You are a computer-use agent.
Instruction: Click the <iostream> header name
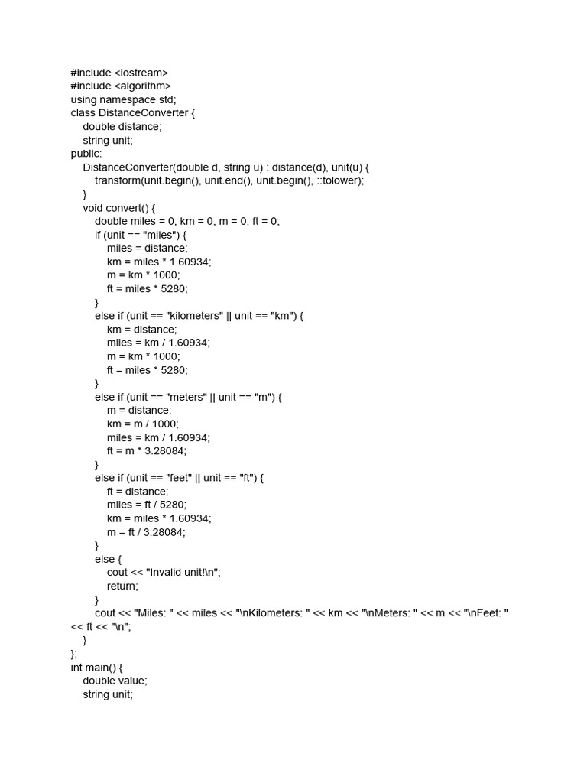(141, 73)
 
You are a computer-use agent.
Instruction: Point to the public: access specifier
(86, 154)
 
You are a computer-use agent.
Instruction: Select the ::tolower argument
(340, 180)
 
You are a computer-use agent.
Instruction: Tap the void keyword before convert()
(92, 208)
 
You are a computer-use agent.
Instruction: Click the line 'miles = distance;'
(147, 248)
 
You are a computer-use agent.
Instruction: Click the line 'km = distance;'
(141, 330)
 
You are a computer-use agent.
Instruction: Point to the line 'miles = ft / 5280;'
(147, 505)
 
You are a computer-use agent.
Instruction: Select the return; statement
(122, 586)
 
